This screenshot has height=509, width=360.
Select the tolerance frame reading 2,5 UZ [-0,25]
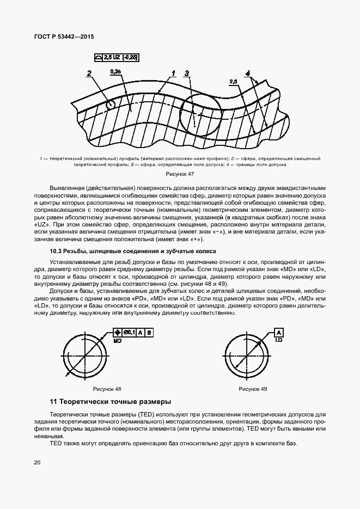115,57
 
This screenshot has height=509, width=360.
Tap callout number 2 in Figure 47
89,72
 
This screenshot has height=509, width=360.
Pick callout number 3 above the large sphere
186,73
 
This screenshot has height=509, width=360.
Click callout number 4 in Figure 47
247,73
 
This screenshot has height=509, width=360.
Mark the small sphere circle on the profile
111,104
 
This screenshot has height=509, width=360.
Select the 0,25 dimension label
115,71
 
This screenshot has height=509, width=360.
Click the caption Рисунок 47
180,174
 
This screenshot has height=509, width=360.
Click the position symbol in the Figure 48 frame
118,332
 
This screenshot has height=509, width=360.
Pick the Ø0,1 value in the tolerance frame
130,332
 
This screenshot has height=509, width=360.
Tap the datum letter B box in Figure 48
149,332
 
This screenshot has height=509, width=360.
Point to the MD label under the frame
118,340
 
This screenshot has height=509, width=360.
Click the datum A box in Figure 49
278,332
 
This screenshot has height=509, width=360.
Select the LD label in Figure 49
278,340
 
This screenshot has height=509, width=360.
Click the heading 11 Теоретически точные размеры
110,402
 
